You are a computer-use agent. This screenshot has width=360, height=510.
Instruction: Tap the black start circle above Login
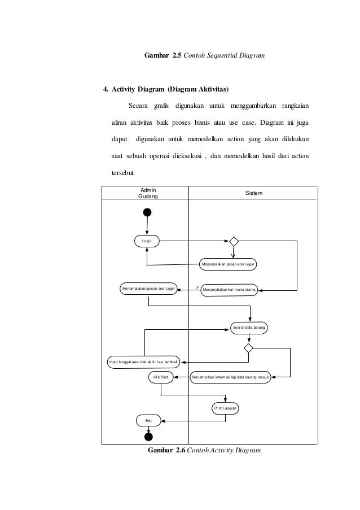point(147,212)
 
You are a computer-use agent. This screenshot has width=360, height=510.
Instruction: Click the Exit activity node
point(148,421)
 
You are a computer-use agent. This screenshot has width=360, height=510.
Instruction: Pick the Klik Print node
point(161,377)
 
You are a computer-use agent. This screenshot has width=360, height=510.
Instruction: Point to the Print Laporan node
point(225,408)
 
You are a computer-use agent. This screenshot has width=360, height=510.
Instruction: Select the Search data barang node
point(248,327)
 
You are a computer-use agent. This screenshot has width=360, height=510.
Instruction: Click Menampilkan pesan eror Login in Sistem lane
point(228,264)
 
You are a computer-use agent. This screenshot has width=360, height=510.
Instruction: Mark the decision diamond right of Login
point(234,242)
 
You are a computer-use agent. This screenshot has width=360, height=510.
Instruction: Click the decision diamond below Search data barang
point(248,347)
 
